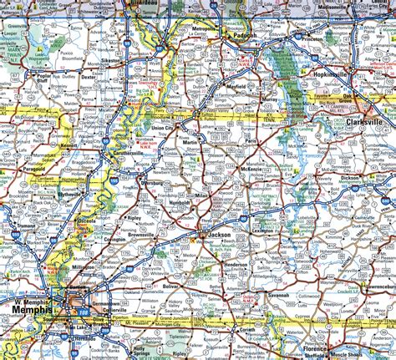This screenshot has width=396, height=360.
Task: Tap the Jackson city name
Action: coord(221,236)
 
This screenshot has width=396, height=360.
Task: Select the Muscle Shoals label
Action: coord(343,353)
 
